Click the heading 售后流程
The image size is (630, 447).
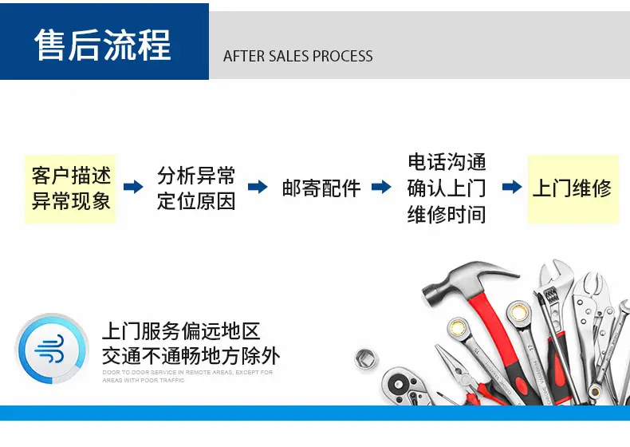[103, 45]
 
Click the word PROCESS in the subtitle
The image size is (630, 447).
[342, 57]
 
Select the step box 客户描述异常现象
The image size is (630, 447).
[70, 188]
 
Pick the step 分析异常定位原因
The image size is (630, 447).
[196, 188]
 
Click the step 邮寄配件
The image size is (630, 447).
[321, 188]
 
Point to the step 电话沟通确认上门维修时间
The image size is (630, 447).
[447, 188]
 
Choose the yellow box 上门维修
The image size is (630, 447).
[573, 188]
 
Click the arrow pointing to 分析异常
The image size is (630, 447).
[133, 187]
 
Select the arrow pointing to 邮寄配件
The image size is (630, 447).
[258, 187]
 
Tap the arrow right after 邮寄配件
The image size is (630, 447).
[381, 187]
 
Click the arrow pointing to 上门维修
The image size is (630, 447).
[512, 187]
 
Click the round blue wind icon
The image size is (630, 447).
[52, 349]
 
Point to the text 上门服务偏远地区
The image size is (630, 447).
[181, 331]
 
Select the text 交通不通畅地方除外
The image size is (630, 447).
[191, 356]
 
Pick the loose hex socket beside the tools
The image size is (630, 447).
[366, 359]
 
